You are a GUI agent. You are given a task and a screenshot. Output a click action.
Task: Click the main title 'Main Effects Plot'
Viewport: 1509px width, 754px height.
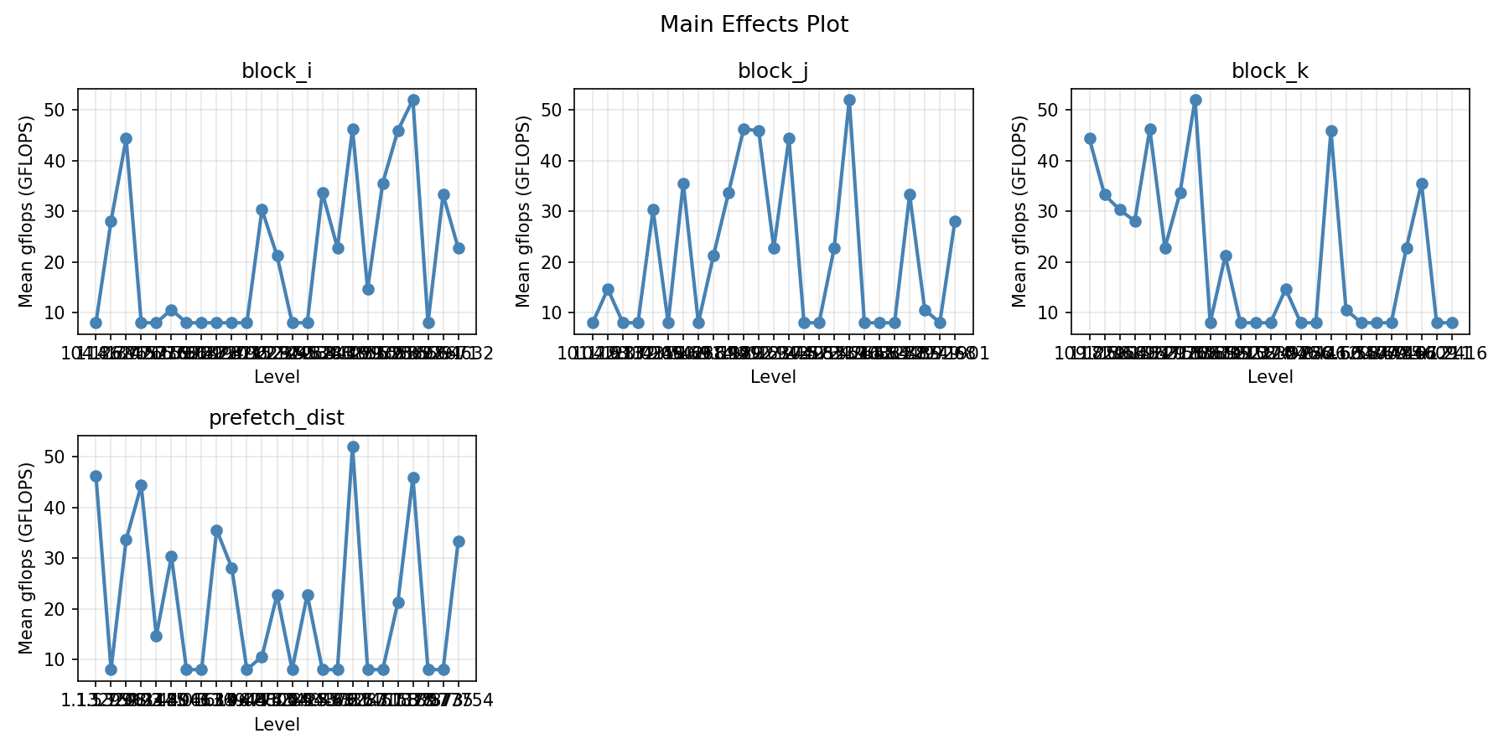[754, 25]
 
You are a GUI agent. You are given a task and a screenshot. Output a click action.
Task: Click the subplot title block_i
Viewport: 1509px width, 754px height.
[277, 71]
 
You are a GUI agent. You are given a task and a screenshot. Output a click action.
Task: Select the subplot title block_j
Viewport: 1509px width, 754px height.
[773, 71]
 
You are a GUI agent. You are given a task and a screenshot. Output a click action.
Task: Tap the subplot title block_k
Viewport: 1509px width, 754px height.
[1269, 71]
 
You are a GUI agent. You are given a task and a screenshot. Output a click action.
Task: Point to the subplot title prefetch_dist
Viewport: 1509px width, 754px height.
[277, 418]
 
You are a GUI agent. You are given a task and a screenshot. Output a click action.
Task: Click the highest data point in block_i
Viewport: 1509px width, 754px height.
[413, 100]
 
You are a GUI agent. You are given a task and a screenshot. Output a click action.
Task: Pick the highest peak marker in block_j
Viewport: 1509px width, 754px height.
[849, 100]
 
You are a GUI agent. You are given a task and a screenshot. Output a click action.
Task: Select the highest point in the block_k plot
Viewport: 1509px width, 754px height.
[1195, 100]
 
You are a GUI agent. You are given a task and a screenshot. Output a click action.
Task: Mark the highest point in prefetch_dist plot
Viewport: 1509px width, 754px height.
[353, 447]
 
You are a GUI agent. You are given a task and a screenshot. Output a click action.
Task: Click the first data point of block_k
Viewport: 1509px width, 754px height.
[1090, 138]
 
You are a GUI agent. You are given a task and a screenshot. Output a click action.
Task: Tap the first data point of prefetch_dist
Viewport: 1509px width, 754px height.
[96, 476]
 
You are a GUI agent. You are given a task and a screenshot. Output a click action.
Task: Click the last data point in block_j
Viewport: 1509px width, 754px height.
[955, 221]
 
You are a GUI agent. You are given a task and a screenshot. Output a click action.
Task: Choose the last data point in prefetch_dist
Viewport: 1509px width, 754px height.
[459, 541]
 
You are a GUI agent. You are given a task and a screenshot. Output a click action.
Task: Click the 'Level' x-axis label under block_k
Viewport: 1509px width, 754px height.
[1269, 378]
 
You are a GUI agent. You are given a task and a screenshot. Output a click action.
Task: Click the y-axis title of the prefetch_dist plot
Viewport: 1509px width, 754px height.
[26, 558]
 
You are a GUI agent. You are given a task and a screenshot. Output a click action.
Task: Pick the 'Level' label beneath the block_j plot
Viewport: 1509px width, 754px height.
[773, 378]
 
